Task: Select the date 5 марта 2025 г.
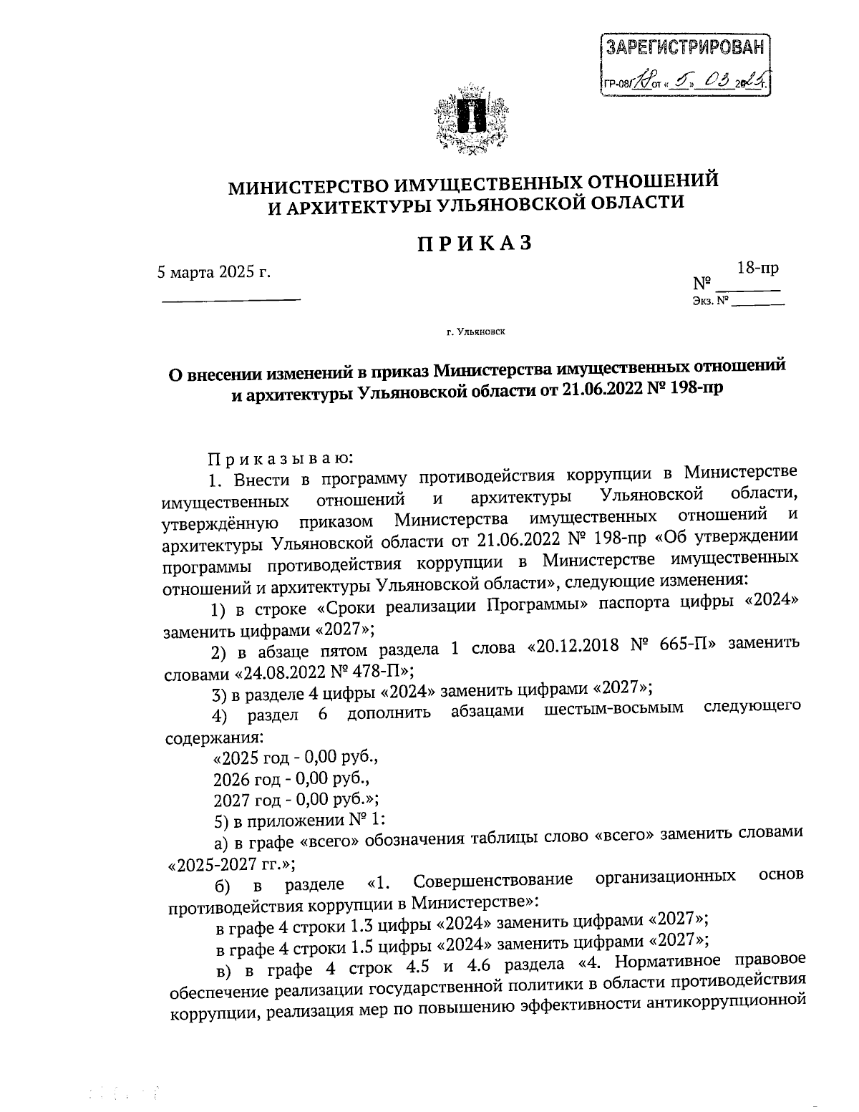click(215, 271)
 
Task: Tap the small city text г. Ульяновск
click(475, 332)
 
